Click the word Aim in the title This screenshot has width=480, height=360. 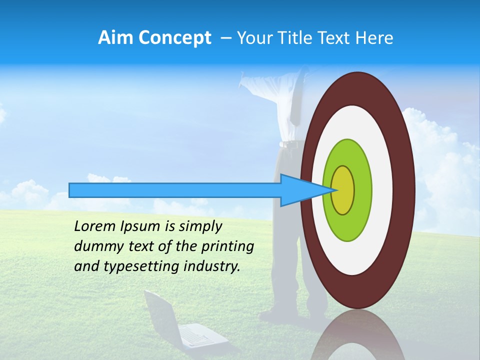[115, 38]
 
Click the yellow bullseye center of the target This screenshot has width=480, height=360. [342, 190]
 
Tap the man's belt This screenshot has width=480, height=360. [290, 144]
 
